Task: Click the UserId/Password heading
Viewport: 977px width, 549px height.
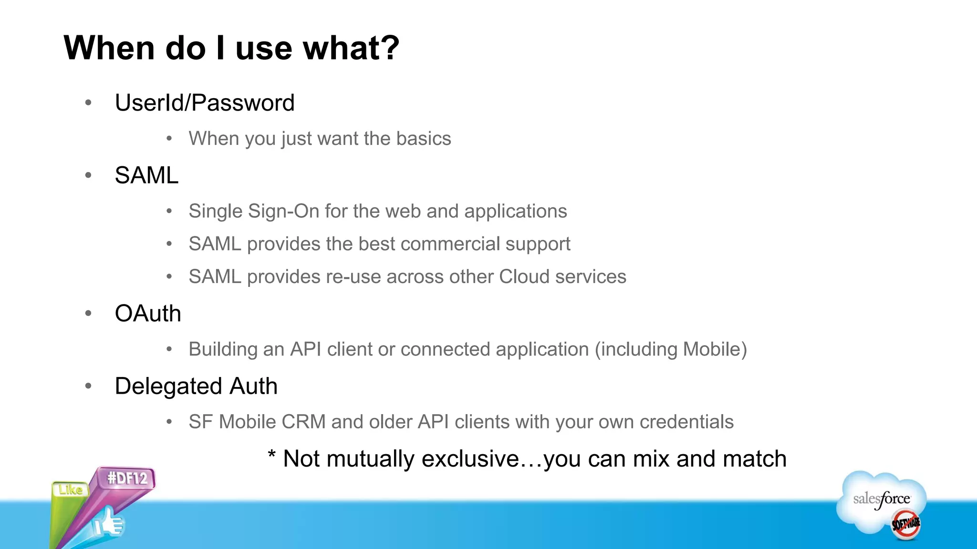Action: click(205, 103)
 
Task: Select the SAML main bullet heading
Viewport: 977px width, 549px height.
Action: click(146, 175)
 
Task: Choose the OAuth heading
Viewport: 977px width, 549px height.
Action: click(148, 314)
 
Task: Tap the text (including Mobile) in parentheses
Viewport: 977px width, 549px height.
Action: click(670, 349)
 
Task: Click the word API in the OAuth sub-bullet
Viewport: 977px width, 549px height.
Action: click(305, 349)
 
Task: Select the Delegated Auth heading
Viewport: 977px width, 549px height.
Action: click(196, 386)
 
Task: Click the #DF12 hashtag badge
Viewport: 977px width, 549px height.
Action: click(127, 478)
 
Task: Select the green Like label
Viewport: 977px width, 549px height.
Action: click(71, 490)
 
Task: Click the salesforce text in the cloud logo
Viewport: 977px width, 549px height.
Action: click(881, 499)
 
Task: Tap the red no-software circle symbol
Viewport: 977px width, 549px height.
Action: click(905, 524)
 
